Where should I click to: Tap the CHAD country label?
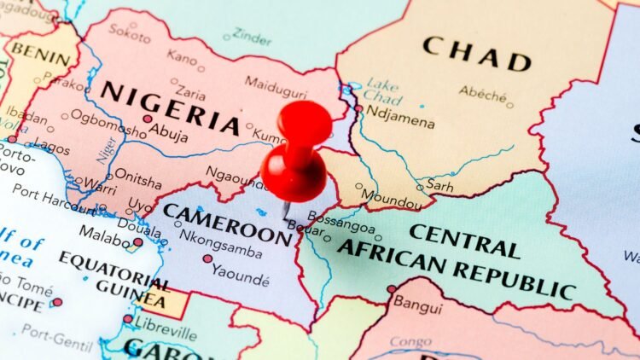(x=477, y=52)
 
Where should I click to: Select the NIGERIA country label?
(x=170, y=107)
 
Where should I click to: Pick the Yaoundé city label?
(x=240, y=278)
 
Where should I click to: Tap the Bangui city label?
(x=418, y=302)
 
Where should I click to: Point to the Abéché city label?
(x=482, y=91)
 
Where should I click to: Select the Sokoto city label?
(x=130, y=34)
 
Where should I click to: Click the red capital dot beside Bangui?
(x=391, y=289)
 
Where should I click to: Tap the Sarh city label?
(x=439, y=184)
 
